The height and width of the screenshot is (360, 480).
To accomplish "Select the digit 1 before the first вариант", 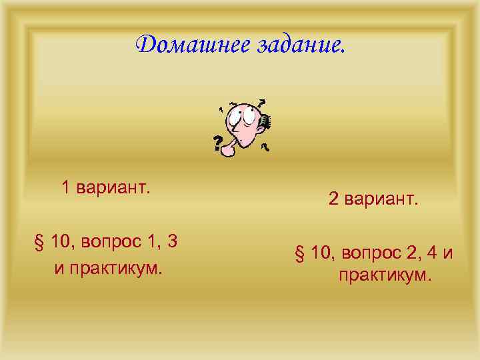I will point(66,188).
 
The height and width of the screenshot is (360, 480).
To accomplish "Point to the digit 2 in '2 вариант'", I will point(333,199).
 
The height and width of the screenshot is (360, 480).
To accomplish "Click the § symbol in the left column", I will point(39,242).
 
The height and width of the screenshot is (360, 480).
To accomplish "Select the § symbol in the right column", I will point(299,253).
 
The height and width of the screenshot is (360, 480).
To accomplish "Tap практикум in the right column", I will point(385,275).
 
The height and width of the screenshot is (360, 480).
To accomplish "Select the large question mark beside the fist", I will point(217,142).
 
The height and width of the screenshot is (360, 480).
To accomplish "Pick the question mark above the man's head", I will point(261,103).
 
